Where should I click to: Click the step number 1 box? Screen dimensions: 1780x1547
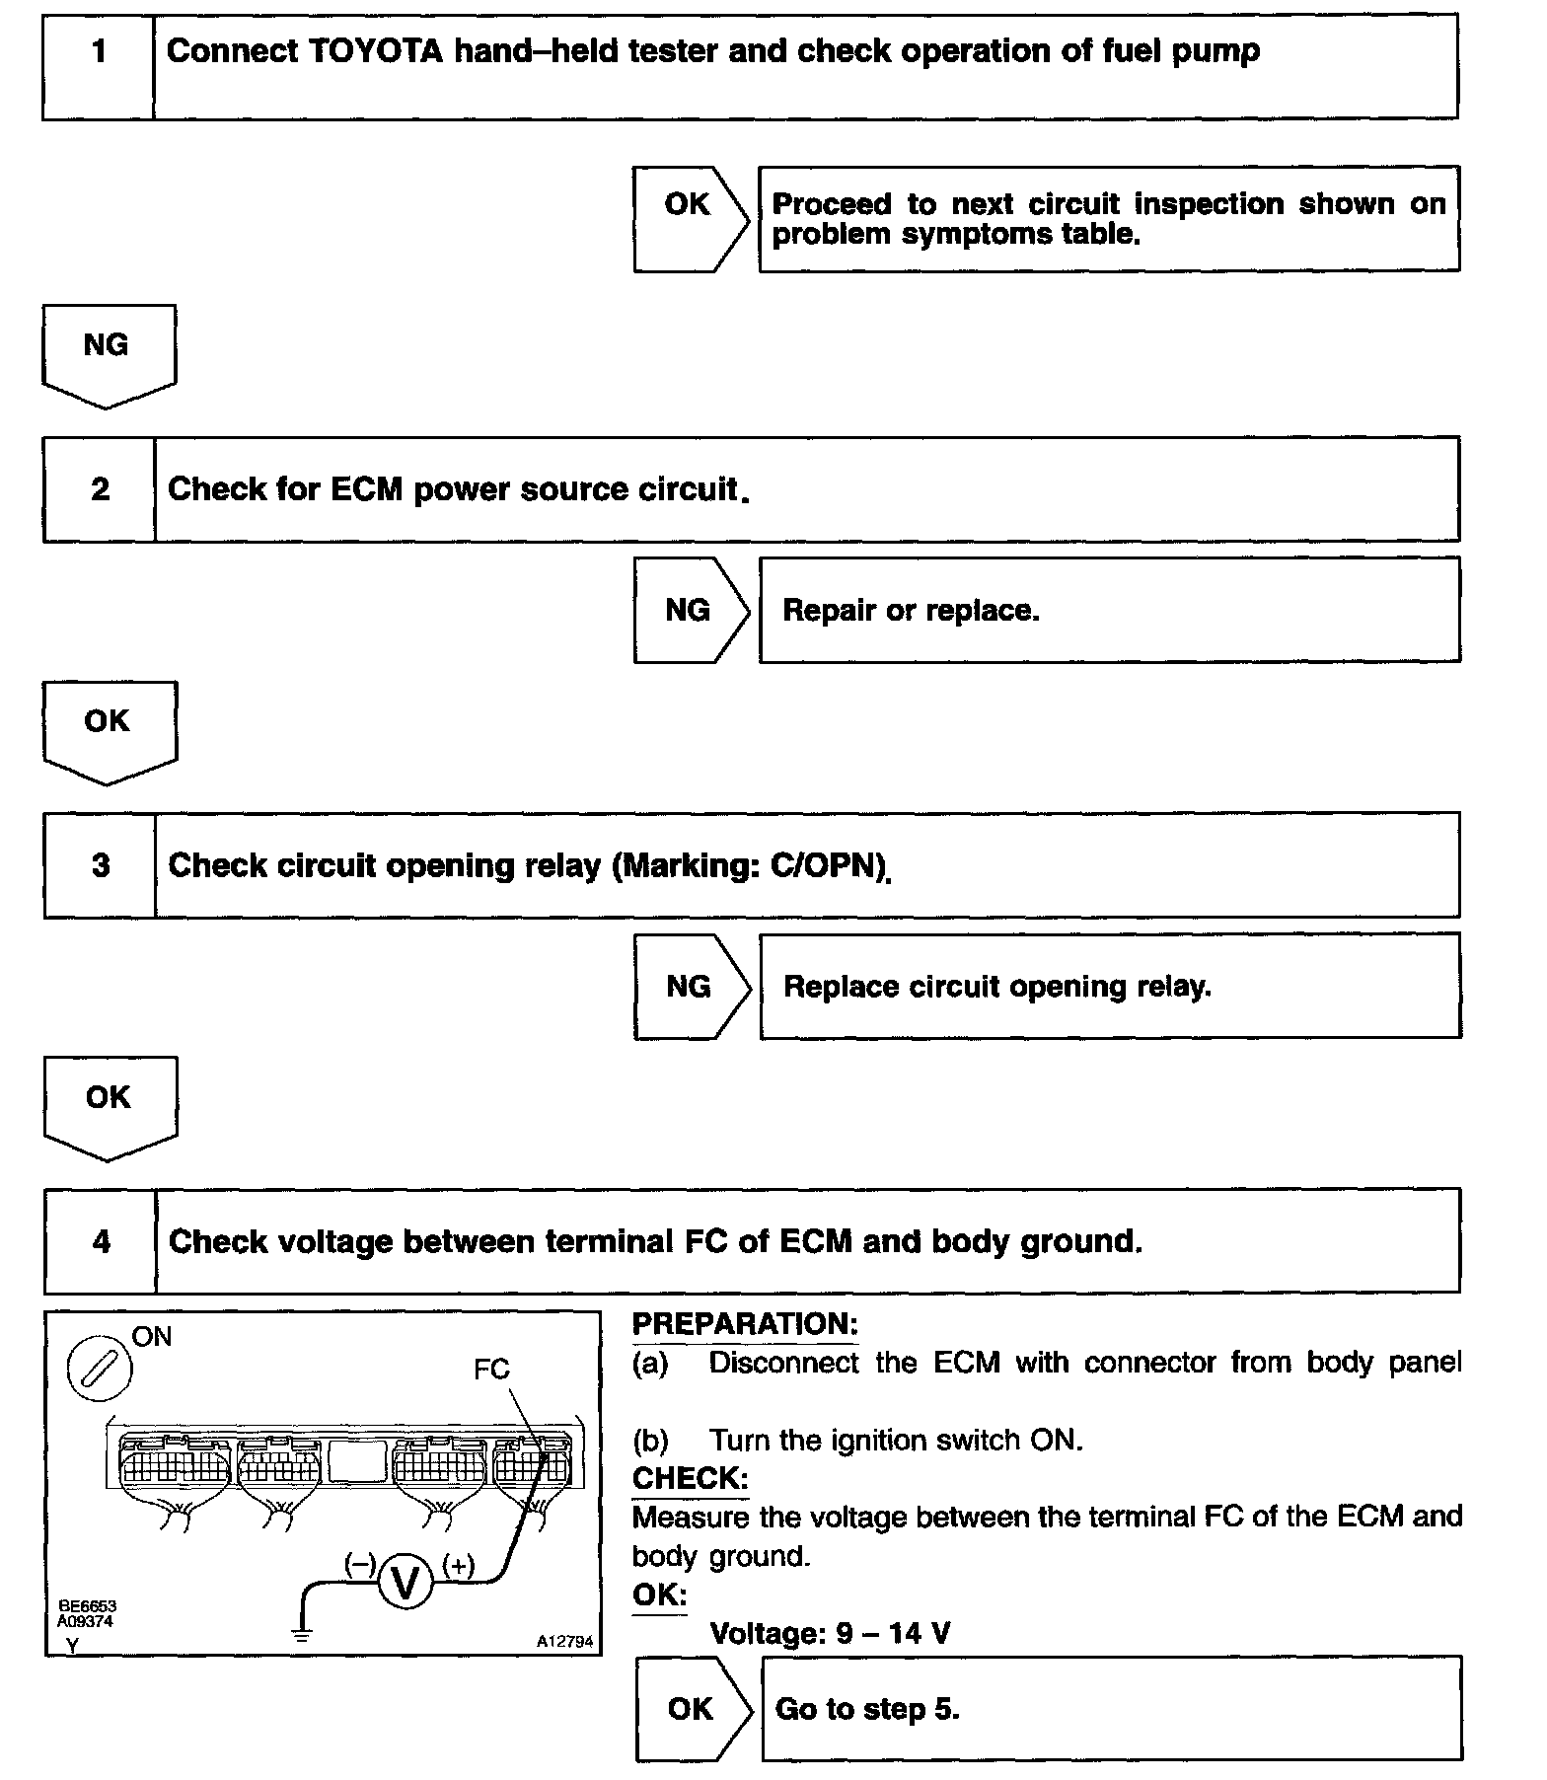[99, 66]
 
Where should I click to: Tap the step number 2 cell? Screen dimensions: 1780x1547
[100, 489]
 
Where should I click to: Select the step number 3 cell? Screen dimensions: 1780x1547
[101, 865]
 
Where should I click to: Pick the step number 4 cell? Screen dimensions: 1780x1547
[102, 1241]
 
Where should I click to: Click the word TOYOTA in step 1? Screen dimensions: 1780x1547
[376, 51]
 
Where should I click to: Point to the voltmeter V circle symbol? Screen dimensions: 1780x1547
[405, 1583]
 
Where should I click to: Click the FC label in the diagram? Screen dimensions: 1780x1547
[491, 1370]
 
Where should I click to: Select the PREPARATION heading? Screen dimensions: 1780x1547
[745, 1324]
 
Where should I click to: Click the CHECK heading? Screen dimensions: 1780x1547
[690, 1478]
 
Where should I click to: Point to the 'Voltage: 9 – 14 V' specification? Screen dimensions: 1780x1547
[830, 1633]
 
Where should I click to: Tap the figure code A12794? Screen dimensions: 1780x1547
[565, 1642]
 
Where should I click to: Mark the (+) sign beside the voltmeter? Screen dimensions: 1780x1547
[459, 1565]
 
